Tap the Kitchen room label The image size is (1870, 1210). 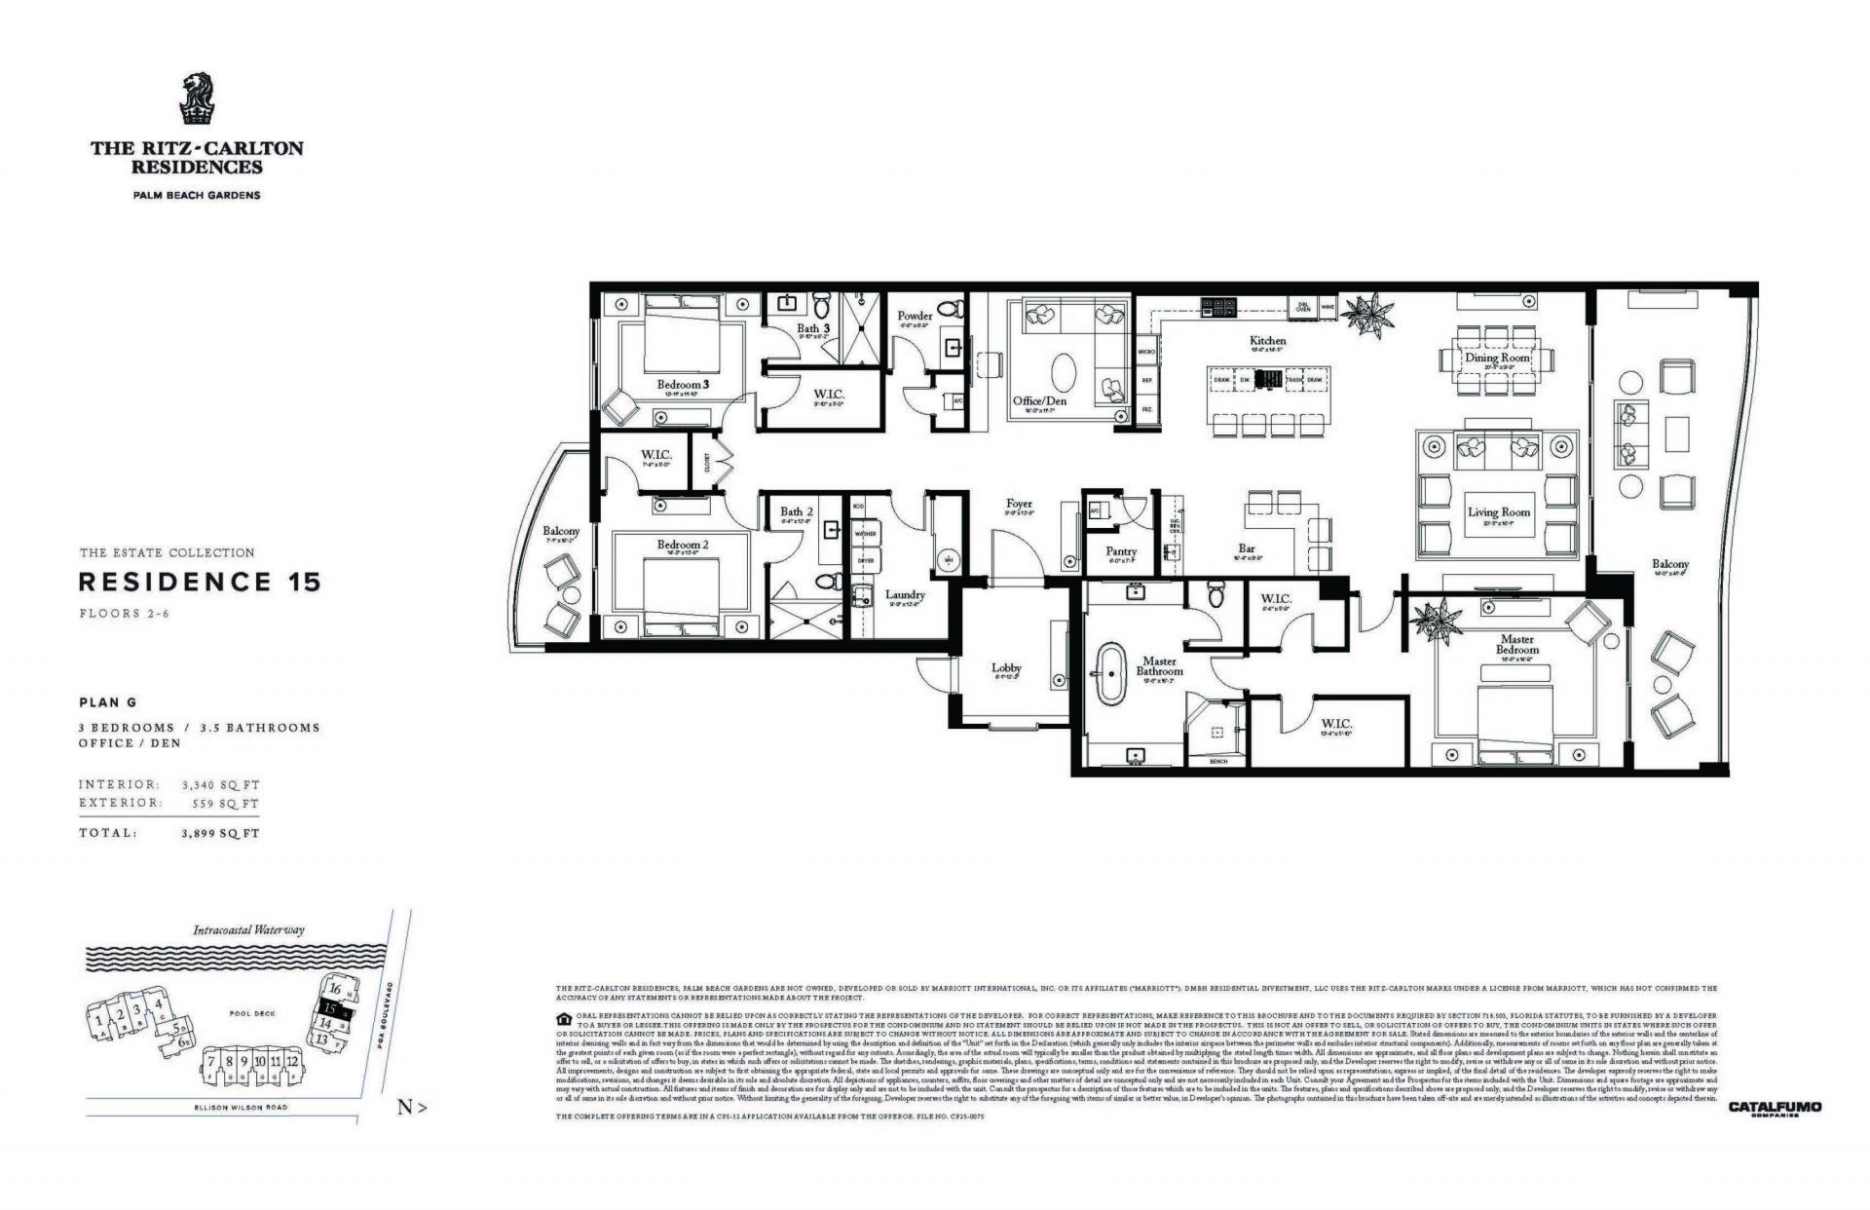pos(1267,341)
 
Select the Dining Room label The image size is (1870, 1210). pos(1498,358)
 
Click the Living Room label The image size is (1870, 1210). pos(1498,511)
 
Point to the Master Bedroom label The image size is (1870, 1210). pos(1516,644)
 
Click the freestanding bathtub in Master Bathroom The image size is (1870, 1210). pos(1110,674)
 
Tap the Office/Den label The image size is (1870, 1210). pos(1039,401)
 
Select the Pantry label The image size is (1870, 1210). pos(1121,551)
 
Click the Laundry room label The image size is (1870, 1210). pos(904,594)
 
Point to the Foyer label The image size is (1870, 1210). pos(1019,504)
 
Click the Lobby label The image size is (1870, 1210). pos(1006,667)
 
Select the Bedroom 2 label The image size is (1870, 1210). pos(682,545)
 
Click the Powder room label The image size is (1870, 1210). pos(915,316)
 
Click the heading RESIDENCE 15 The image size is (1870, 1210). pos(199,583)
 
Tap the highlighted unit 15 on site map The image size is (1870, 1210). pos(332,1008)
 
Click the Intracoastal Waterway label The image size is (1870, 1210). pos(248,929)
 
